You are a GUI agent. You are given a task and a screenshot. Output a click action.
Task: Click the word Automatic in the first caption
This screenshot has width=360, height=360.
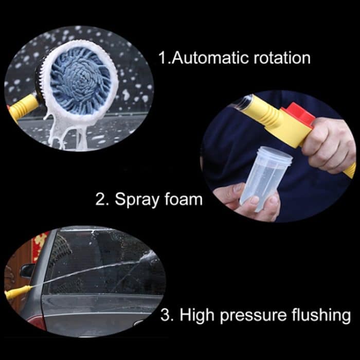(x=210, y=57)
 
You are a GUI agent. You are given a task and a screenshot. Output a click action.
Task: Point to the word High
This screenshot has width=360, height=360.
(x=201, y=314)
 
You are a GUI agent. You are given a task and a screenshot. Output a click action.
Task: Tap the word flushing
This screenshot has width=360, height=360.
(x=322, y=314)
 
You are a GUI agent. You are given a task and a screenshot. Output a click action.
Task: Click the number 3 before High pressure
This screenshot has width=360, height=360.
(x=166, y=314)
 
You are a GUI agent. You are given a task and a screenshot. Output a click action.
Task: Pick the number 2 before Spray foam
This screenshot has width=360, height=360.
(x=101, y=199)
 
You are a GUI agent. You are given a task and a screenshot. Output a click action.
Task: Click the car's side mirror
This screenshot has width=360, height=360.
(x=28, y=270)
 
